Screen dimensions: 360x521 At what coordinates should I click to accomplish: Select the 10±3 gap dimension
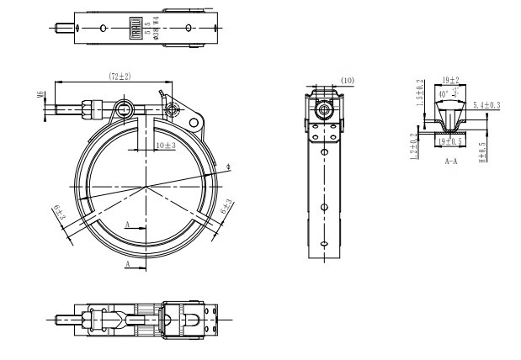click(165, 145)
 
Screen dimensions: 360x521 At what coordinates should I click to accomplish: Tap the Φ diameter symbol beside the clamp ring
click(228, 168)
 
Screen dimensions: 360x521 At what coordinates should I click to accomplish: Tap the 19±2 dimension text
click(451, 81)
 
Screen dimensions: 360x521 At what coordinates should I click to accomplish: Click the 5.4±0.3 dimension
click(486, 105)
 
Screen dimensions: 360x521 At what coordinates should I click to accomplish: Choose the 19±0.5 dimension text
click(451, 140)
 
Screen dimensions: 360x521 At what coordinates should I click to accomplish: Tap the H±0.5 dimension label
click(483, 151)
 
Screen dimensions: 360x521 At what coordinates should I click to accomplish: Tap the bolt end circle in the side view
click(324, 110)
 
